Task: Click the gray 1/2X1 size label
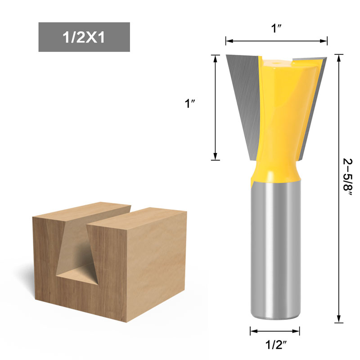[84, 37]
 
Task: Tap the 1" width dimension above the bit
[276, 28]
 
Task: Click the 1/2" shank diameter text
[275, 346]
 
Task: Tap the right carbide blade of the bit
[310, 99]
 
